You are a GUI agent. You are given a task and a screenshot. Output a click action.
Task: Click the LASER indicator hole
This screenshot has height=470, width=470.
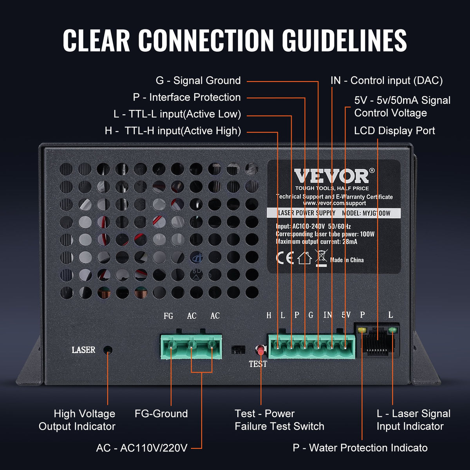point(108,350)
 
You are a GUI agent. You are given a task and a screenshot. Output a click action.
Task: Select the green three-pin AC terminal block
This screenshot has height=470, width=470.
point(191,346)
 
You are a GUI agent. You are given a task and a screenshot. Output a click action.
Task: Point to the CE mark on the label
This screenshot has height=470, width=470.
point(285,258)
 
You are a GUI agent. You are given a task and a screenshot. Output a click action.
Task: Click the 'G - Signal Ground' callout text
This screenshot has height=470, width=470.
point(198,81)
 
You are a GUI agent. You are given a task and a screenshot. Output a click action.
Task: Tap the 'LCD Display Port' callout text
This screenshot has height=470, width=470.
point(394,131)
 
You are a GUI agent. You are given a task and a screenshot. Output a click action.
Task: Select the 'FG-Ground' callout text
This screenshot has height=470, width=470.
point(161,414)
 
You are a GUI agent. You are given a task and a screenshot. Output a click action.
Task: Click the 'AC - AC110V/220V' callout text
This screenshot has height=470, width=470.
point(142,448)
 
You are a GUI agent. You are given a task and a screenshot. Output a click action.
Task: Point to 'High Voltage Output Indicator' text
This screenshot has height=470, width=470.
point(77,420)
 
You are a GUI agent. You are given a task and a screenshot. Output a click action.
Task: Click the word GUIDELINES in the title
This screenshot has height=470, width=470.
point(344,40)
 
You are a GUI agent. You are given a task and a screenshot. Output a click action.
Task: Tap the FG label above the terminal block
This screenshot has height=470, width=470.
point(168,316)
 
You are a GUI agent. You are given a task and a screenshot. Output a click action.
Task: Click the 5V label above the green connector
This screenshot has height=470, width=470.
point(346,315)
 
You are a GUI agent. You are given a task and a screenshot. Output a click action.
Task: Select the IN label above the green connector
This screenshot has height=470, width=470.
point(327,315)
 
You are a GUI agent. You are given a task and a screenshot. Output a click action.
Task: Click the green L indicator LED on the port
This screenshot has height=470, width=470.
point(392,331)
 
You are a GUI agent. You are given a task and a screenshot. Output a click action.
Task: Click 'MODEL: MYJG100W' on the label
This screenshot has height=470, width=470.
point(366,213)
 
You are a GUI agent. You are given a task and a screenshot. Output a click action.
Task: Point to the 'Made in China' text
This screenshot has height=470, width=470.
point(347,260)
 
